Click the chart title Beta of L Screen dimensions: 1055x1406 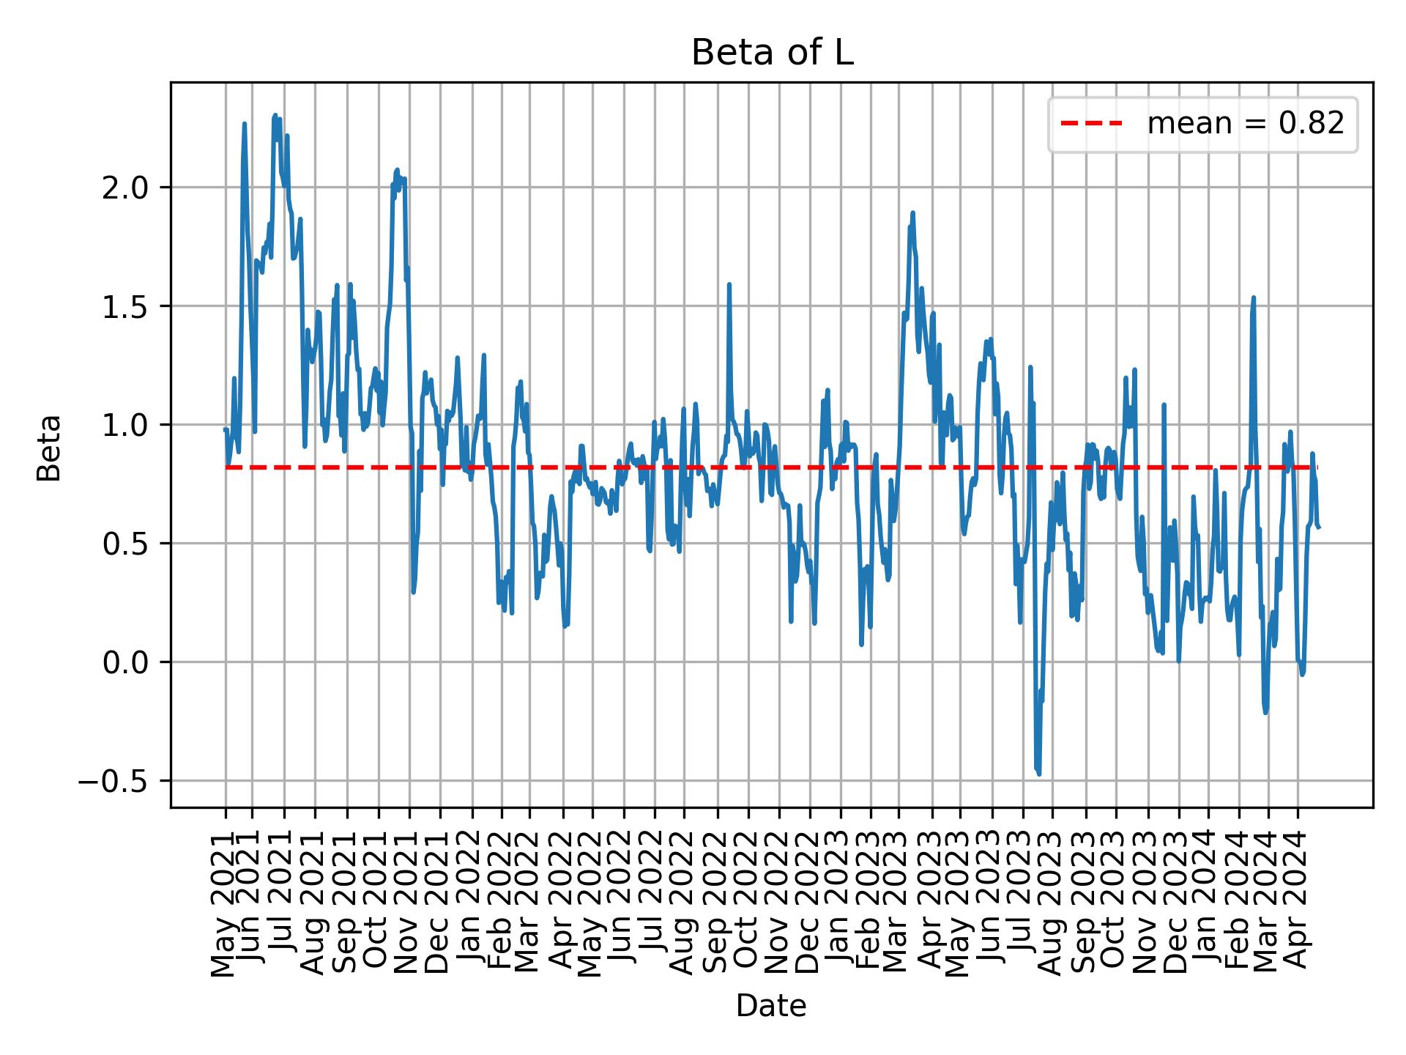[x=772, y=53]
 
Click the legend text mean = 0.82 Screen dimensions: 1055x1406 [x=1245, y=124]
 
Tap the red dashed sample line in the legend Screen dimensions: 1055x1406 [x=1092, y=124]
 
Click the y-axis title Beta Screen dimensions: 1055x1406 [x=49, y=448]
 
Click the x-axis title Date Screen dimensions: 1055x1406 [x=771, y=1006]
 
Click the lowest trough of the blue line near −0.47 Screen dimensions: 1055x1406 [x=1038, y=773]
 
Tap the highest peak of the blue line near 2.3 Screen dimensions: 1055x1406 [x=275, y=115]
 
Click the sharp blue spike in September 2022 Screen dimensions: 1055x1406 [x=729, y=284]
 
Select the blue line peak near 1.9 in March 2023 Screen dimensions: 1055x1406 [x=912, y=213]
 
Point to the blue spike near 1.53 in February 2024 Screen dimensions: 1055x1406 [x=1254, y=297]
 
